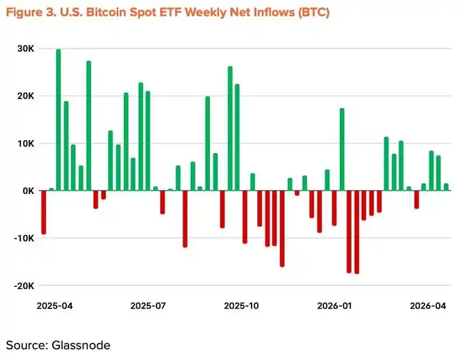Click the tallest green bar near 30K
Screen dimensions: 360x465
tap(58, 120)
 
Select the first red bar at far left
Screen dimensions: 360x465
tap(44, 212)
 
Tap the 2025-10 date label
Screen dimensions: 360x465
tap(242, 306)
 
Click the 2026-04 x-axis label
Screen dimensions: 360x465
tap(428, 306)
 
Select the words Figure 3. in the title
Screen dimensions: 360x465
tap(30, 13)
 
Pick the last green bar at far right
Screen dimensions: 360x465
tap(446, 187)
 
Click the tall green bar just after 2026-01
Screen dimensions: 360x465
tap(342, 150)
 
